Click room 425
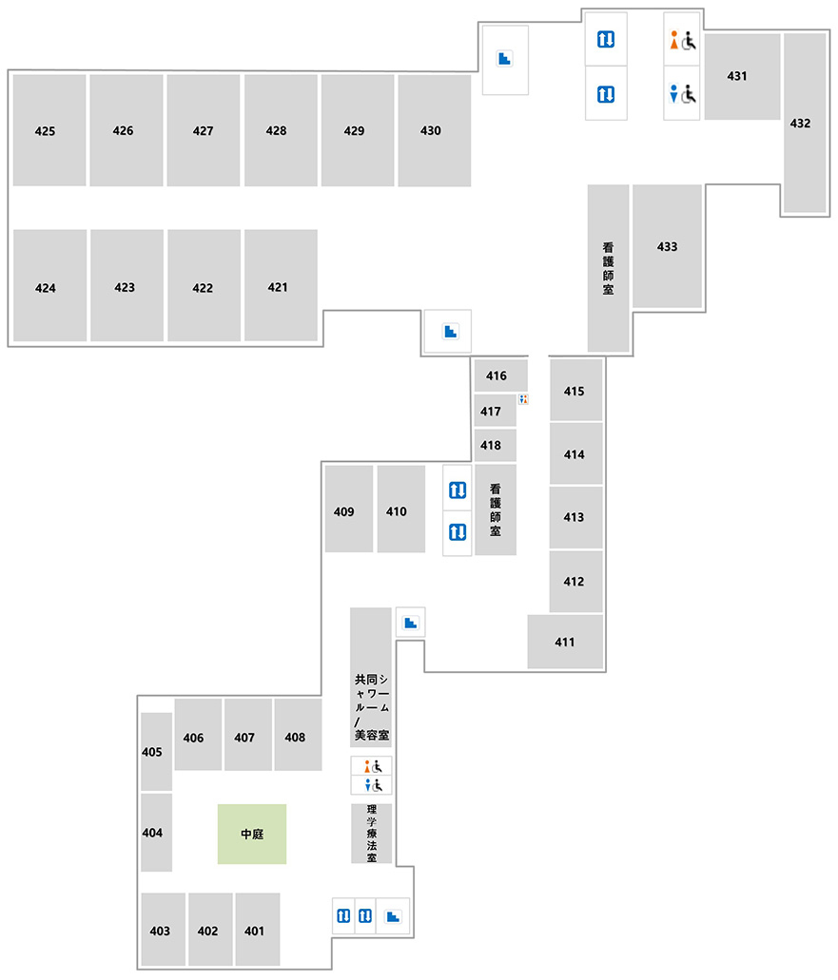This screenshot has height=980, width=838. click(49, 130)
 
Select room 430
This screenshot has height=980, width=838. click(435, 130)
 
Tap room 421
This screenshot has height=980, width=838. click(281, 285)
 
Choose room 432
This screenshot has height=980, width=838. click(805, 124)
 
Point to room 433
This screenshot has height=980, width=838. click(668, 245)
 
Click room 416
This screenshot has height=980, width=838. click(500, 375)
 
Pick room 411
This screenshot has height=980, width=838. click(565, 642)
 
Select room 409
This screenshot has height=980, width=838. click(349, 509)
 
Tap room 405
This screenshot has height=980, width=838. click(156, 751)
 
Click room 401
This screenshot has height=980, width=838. click(258, 929)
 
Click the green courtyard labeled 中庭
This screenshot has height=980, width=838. click(252, 834)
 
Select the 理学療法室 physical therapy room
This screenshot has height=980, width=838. click(372, 833)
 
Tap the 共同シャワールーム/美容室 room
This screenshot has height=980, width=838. click(371, 677)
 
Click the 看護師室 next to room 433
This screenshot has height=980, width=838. click(608, 268)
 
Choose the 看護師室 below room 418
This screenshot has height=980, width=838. click(496, 509)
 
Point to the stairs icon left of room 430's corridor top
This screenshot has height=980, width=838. click(505, 59)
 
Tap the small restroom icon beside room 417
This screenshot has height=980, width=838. click(523, 399)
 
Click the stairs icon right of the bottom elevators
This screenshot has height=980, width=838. click(393, 916)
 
